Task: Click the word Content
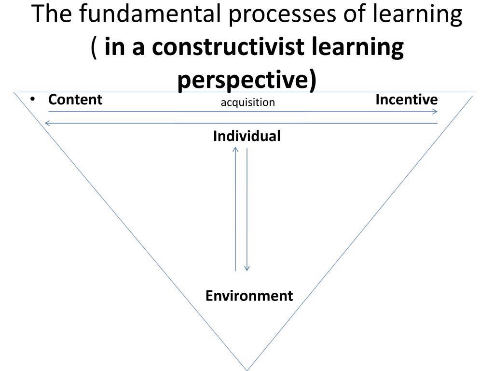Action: [x=75, y=100]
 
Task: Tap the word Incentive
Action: [x=406, y=100]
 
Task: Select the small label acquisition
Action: [x=247, y=102]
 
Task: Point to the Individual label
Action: [x=247, y=136]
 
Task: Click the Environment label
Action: [x=249, y=296]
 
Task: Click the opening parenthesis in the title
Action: [x=95, y=47]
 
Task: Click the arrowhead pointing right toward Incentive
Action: [x=435, y=112]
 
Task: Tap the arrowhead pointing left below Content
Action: [x=47, y=123]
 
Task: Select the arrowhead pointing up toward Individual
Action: [x=235, y=150]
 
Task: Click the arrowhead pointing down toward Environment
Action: [x=247, y=268]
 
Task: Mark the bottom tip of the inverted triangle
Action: [x=247, y=370]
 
